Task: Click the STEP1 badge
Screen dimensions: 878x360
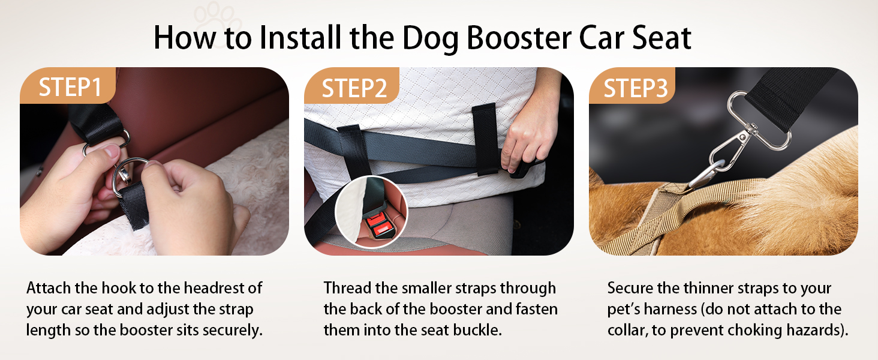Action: [x=68, y=86]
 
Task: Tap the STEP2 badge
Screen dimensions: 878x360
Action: [x=352, y=86]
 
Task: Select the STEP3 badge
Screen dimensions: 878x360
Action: [x=632, y=86]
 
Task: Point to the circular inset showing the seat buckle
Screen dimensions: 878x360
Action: [x=372, y=212]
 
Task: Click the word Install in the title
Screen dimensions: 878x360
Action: [x=300, y=38]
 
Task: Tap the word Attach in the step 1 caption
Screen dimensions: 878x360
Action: [x=49, y=288]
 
